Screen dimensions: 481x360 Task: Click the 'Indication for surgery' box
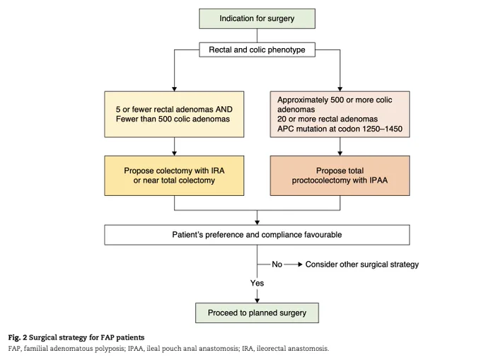(257, 18)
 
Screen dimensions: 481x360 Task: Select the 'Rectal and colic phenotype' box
(257, 50)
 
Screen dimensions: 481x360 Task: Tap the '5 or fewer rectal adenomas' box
(174, 114)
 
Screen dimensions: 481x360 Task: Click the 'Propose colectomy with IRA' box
(174, 175)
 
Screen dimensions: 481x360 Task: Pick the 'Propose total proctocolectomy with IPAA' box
(340, 175)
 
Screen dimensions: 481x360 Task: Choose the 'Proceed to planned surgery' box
(257, 313)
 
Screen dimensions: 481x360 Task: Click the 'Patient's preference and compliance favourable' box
(257, 235)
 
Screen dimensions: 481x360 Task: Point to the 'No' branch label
(277, 265)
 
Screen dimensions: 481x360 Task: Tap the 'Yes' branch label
(257, 283)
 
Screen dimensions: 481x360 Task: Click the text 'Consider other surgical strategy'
(362, 265)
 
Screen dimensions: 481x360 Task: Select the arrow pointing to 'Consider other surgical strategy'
(293, 265)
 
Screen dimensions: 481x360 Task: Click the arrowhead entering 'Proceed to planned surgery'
(257, 301)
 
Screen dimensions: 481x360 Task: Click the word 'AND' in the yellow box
(224, 110)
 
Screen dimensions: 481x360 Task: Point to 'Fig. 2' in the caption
(18, 337)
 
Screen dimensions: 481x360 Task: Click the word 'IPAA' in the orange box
(378, 180)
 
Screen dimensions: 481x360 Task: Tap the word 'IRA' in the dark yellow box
(217, 170)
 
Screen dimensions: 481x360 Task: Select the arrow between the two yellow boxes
(174, 146)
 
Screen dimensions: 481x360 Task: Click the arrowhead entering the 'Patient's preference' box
(257, 222)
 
